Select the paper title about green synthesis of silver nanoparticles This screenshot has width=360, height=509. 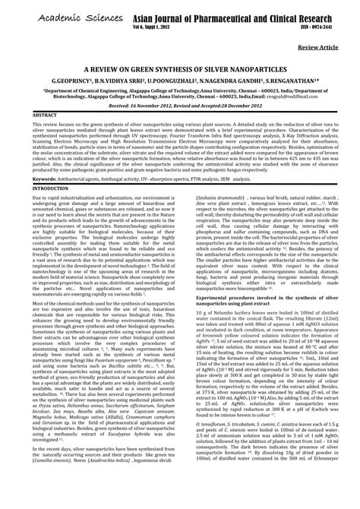(180, 68)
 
